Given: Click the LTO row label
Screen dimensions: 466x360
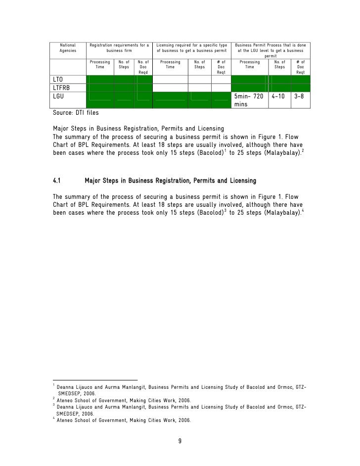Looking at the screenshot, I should point(58,80).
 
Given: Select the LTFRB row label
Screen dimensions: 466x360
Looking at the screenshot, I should point(61,88).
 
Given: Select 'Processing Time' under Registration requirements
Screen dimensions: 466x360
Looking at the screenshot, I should point(100,65).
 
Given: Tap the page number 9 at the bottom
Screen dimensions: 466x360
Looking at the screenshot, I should point(180,441).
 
